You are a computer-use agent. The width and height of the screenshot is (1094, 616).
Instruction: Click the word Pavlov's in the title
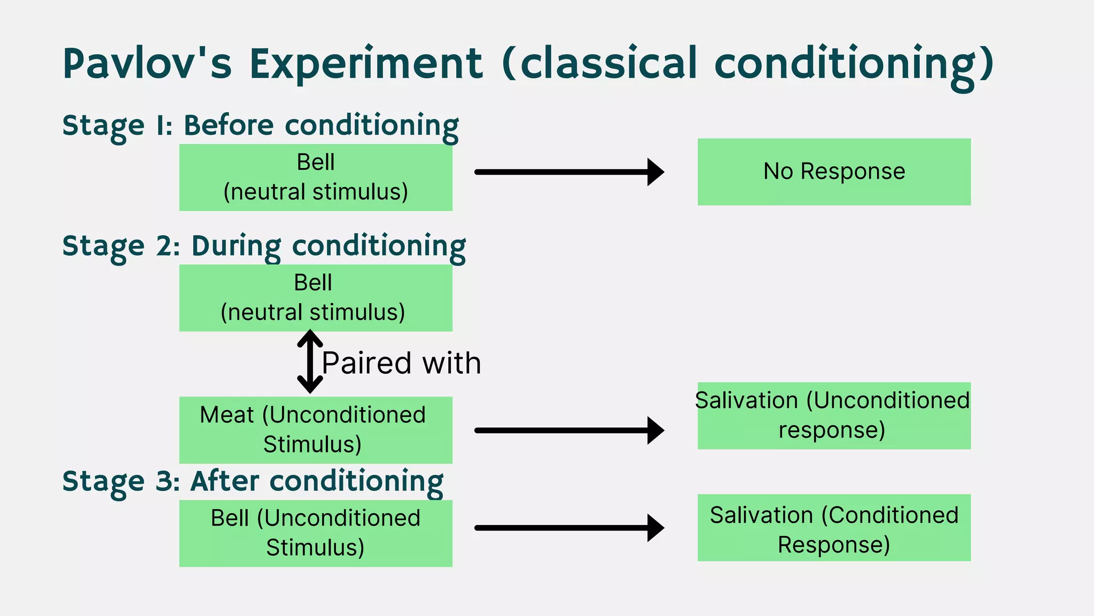click(x=147, y=64)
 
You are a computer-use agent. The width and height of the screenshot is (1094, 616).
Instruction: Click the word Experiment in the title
click(x=366, y=64)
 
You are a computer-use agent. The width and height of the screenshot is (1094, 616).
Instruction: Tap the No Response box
click(x=834, y=172)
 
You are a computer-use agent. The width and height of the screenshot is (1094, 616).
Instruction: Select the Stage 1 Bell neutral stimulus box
click(x=316, y=177)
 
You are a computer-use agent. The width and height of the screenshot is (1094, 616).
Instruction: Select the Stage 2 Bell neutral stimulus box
click(x=316, y=298)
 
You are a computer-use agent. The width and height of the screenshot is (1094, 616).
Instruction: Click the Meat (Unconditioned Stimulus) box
click(x=316, y=430)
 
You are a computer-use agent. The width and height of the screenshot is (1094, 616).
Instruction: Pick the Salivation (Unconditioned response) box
click(x=834, y=415)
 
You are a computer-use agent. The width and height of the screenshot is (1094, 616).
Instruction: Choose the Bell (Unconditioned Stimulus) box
click(x=316, y=533)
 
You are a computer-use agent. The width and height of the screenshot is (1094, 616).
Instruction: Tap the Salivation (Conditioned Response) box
click(x=834, y=528)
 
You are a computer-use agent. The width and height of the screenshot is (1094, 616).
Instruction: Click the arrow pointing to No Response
click(x=569, y=172)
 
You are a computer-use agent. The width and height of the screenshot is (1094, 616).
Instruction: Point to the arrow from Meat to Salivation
click(x=569, y=430)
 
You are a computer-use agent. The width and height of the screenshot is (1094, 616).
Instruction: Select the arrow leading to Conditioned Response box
click(x=569, y=528)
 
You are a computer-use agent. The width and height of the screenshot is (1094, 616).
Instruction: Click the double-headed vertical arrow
click(x=310, y=362)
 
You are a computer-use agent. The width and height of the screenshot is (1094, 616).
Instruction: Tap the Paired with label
click(x=402, y=363)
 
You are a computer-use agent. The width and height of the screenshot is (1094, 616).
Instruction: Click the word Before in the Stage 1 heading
click(x=229, y=126)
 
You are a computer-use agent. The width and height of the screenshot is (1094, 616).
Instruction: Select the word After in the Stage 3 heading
click(x=225, y=481)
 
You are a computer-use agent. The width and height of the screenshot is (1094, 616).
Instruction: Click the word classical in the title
click(x=608, y=64)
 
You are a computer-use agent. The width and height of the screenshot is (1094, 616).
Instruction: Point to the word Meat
click(x=227, y=415)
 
